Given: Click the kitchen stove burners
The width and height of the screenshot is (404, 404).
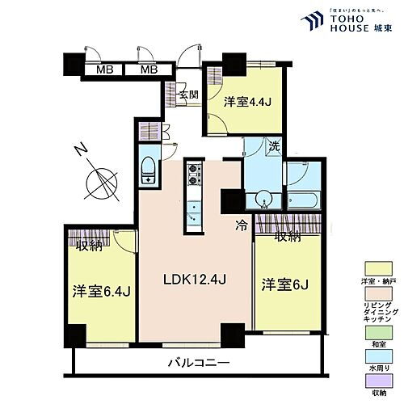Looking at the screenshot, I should pyautogui.click(x=194, y=173).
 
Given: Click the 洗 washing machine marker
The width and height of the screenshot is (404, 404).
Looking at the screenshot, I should pyautogui.click(x=275, y=148).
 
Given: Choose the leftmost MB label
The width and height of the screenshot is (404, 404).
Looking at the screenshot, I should pyautogui.click(x=104, y=70).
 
